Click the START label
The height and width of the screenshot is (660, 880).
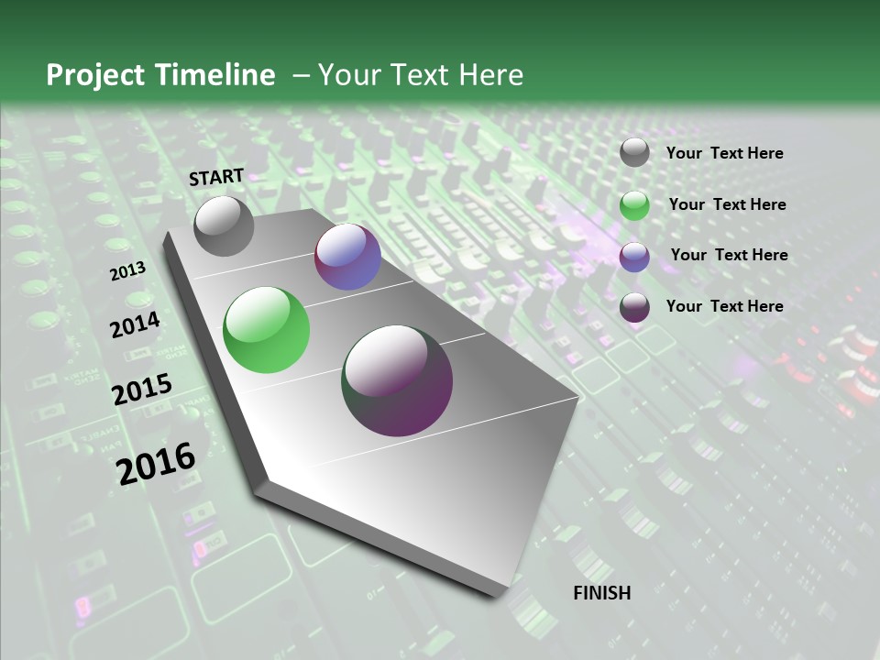pos(216,177)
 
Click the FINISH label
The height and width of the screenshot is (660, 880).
pos(601,593)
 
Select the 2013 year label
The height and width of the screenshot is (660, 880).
pos(127,271)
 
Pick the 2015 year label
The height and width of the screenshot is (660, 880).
pos(142,390)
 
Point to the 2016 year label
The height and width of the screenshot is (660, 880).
pos(156,463)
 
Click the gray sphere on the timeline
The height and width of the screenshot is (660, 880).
pos(224,225)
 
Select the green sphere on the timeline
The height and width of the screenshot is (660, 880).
pos(266,330)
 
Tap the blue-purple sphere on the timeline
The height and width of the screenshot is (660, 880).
pos(347,257)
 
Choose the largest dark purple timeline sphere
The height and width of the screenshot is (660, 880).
pos(397,380)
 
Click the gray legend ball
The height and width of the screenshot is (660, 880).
pos(634,153)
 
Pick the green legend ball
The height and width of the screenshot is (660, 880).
pos(634,205)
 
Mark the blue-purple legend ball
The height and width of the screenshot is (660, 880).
pos(634,257)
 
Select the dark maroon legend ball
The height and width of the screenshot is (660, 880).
pos(634,307)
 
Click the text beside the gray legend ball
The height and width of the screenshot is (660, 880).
pos(724,153)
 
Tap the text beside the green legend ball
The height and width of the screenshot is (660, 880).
pos(727,204)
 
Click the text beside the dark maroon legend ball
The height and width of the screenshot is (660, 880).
pos(724,306)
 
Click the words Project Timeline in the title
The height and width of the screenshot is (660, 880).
pos(160,75)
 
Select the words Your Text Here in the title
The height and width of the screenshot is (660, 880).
pos(420,75)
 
